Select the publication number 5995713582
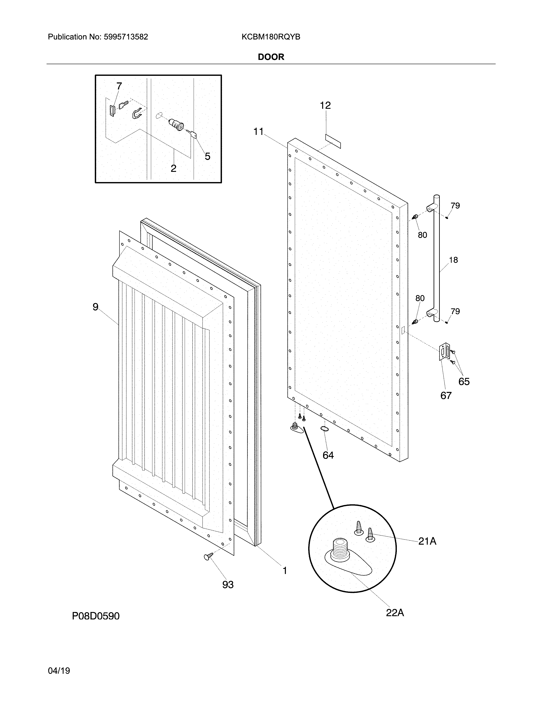coord(126,37)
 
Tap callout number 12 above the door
coord(325,105)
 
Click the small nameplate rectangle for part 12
coord(333,141)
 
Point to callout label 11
coord(258,132)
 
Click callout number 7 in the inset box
coord(119,86)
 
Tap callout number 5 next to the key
coord(207,157)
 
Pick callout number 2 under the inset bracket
coord(173,168)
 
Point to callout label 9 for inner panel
coord(95,307)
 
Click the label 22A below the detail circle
coord(395,613)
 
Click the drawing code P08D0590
coord(96,616)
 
